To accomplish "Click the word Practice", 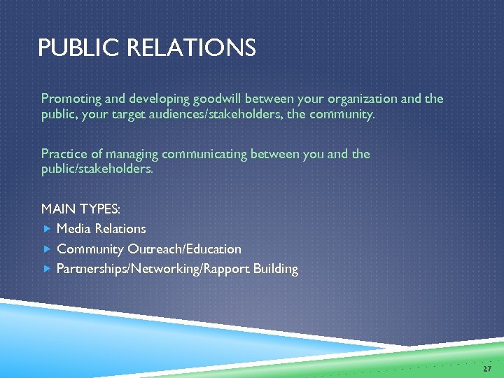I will tap(64, 154).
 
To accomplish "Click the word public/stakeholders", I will tap(97, 169).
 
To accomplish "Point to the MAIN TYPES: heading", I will tap(80, 209).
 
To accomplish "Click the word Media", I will tap(74, 229).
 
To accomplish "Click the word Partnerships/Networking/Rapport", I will tap(155, 269).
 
